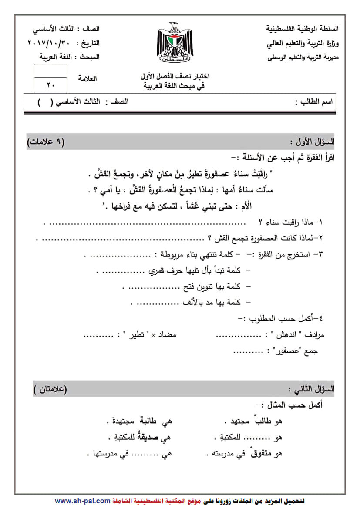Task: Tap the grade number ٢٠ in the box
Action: tap(50, 85)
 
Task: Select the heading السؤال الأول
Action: tap(312, 142)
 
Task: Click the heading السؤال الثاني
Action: tap(311, 389)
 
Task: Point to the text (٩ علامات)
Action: tap(45, 142)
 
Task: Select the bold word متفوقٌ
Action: tap(264, 453)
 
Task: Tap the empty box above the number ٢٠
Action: tap(50, 71)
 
